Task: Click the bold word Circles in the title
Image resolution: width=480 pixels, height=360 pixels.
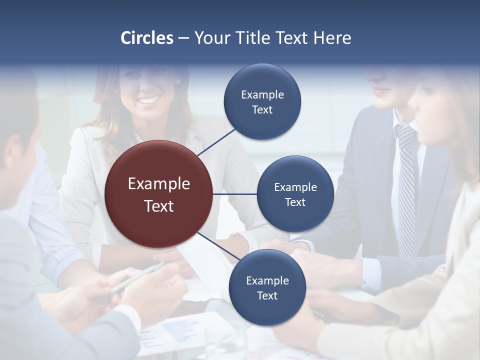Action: [x=146, y=38]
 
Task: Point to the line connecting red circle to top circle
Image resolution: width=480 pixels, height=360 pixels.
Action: [x=216, y=142]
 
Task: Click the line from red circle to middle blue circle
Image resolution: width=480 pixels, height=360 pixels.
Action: [x=235, y=194]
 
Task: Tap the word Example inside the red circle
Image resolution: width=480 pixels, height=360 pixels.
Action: [x=159, y=184]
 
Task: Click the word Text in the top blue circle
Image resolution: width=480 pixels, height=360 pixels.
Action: [x=262, y=110]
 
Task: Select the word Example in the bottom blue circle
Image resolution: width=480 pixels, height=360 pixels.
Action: [x=267, y=281]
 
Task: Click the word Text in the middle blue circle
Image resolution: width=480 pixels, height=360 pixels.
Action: [x=295, y=202]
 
